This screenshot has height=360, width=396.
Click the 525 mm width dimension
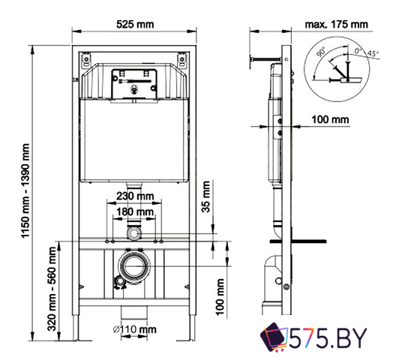[x=135, y=24]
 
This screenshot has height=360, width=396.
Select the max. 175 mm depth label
[x=335, y=24]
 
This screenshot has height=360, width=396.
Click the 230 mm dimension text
[x=135, y=197]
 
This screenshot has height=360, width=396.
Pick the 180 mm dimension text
[x=135, y=212]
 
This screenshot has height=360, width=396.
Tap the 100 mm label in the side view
[x=331, y=119]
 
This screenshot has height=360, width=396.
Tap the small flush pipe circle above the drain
[x=134, y=233]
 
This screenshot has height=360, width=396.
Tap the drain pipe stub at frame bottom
[x=135, y=310]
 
